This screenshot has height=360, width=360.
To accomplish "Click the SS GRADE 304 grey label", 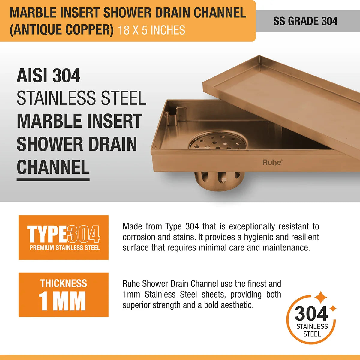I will tap(305, 21).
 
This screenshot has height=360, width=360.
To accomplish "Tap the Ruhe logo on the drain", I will tap(272, 162).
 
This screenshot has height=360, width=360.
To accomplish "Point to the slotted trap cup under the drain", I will tap(217, 182).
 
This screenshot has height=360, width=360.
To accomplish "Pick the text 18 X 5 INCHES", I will tap(151, 30).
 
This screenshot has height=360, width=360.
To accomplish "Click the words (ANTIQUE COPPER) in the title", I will tap(62, 30).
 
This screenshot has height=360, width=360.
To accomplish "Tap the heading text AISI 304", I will tap(49, 76).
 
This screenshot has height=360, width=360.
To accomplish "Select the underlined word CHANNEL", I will tap(53, 167).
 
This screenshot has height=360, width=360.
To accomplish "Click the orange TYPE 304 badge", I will tap(64, 237).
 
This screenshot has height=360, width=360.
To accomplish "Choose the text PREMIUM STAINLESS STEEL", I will tap(65, 248).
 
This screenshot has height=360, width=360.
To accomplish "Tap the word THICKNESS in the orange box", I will tap(64, 283).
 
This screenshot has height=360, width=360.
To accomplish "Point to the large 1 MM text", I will tap(62, 301).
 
